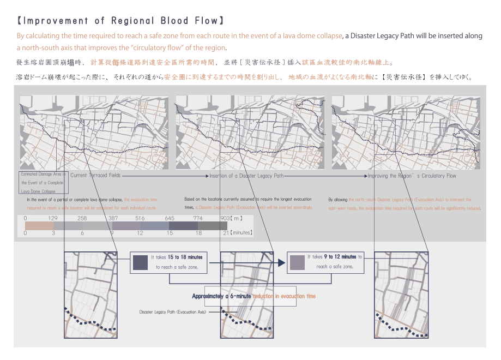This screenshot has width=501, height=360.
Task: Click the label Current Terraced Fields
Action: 95,176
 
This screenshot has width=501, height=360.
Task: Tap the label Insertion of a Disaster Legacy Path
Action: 247,176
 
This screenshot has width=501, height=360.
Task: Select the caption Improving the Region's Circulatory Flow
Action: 412,176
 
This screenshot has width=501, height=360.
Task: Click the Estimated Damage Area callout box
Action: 44,183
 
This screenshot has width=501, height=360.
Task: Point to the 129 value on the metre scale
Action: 53,218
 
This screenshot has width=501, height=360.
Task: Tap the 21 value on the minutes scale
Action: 225,233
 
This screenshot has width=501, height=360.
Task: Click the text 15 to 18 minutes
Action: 185,257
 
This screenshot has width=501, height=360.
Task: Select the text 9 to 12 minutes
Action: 340,256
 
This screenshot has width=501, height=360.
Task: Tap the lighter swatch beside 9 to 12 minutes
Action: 297,262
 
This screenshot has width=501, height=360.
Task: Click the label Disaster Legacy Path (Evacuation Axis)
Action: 172,312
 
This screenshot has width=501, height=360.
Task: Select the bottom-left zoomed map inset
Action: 90,295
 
